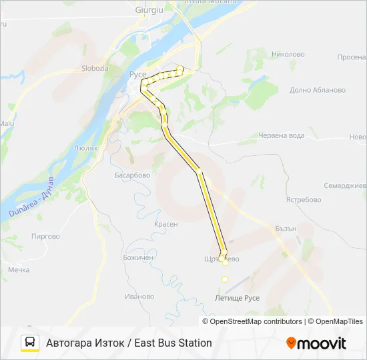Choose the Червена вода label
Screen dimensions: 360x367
point(281,135)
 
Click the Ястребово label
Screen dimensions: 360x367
point(303,199)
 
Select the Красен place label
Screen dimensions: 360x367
point(165,224)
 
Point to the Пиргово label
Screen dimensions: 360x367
point(45,236)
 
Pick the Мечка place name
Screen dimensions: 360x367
point(19,270)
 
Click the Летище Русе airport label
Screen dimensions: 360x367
point(238,298)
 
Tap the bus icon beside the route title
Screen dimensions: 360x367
point(30,343)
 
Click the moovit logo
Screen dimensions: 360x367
point(316,343)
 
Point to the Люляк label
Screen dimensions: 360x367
point(87,147)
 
